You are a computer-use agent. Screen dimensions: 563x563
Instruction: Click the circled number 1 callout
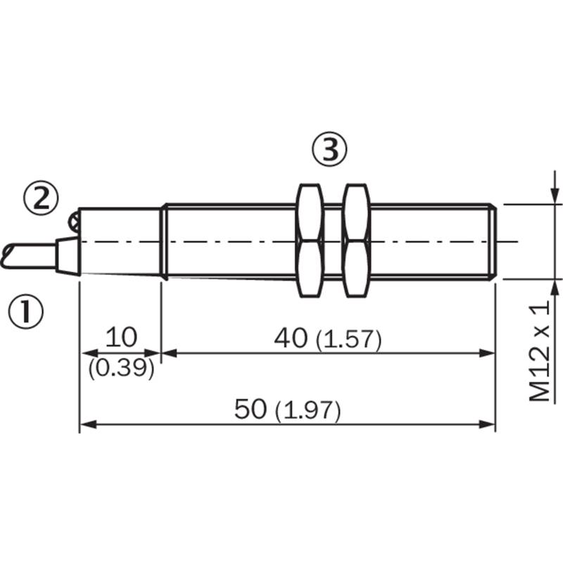[x=25, y=310]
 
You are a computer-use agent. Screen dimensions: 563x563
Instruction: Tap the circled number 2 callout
[x=41, y=198]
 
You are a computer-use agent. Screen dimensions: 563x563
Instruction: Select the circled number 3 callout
[x=329, y=149]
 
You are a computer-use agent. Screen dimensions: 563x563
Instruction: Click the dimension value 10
[x=121, y=338]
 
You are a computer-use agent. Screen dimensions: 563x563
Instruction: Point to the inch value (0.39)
[x=121, y=368]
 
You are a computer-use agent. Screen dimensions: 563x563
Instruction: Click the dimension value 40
[x=291, y=339]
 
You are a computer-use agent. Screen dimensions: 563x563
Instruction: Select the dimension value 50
[x=251, y=409]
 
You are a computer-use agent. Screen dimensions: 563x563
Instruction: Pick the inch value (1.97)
[x=308, y=411]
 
